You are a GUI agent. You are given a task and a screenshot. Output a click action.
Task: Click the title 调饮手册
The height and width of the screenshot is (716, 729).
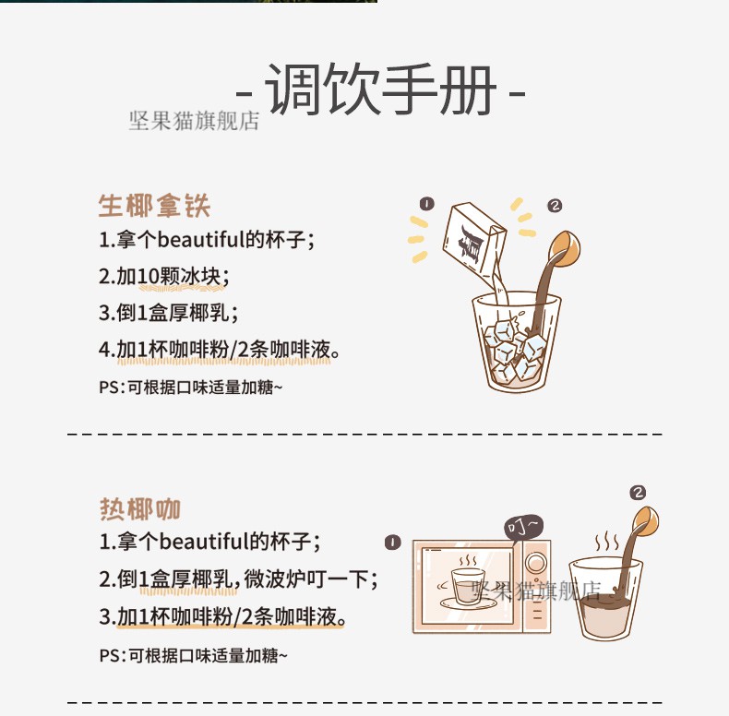pos(381,89)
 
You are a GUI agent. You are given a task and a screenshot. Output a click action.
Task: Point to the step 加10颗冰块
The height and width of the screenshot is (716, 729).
pos(163,276)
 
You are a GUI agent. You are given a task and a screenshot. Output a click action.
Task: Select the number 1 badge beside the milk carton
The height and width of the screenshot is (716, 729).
pos(426,203)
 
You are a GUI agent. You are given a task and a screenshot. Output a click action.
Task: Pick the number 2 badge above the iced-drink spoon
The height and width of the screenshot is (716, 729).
pos(555,206)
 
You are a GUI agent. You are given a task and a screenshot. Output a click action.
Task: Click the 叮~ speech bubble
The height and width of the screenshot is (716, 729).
pos(523,528)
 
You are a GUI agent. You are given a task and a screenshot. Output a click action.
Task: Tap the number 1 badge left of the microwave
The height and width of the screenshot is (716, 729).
pos(394,542)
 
